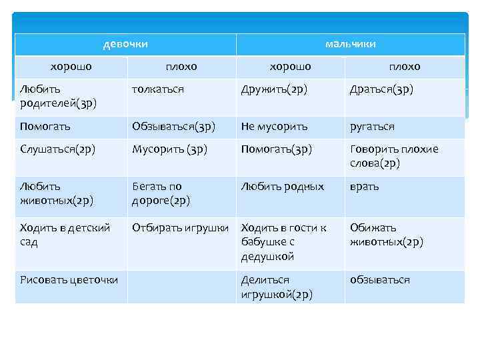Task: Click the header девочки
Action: point(125,44)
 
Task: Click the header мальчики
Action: point(351,44)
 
